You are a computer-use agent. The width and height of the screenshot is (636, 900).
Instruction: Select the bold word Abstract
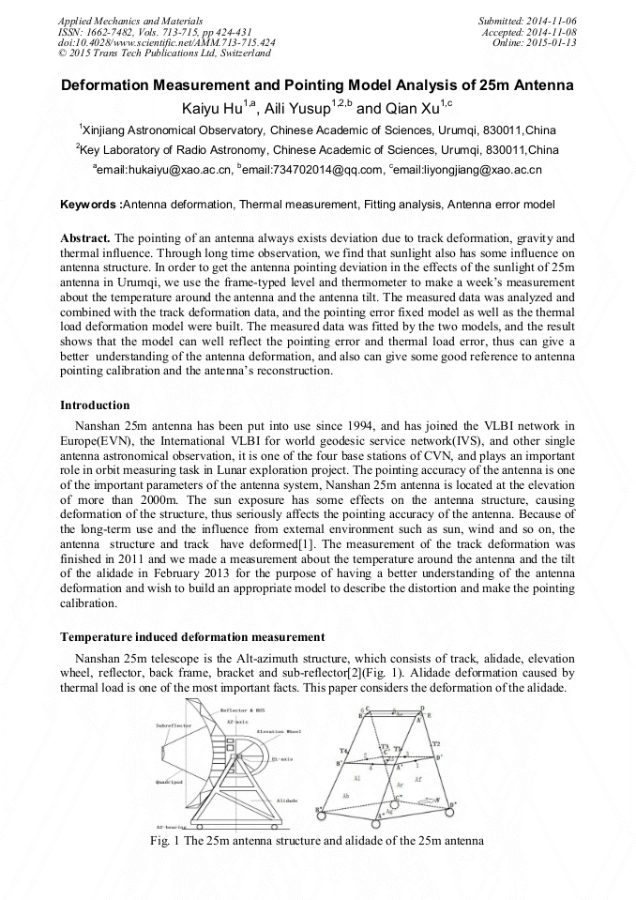(84, 239)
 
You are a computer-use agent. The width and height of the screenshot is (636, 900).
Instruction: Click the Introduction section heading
(95, 405)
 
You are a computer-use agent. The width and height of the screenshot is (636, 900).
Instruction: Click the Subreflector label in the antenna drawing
(175, 725)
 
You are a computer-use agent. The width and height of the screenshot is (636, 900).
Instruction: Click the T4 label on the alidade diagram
(343, 751)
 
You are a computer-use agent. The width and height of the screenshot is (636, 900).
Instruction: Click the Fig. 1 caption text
(317, 841)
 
